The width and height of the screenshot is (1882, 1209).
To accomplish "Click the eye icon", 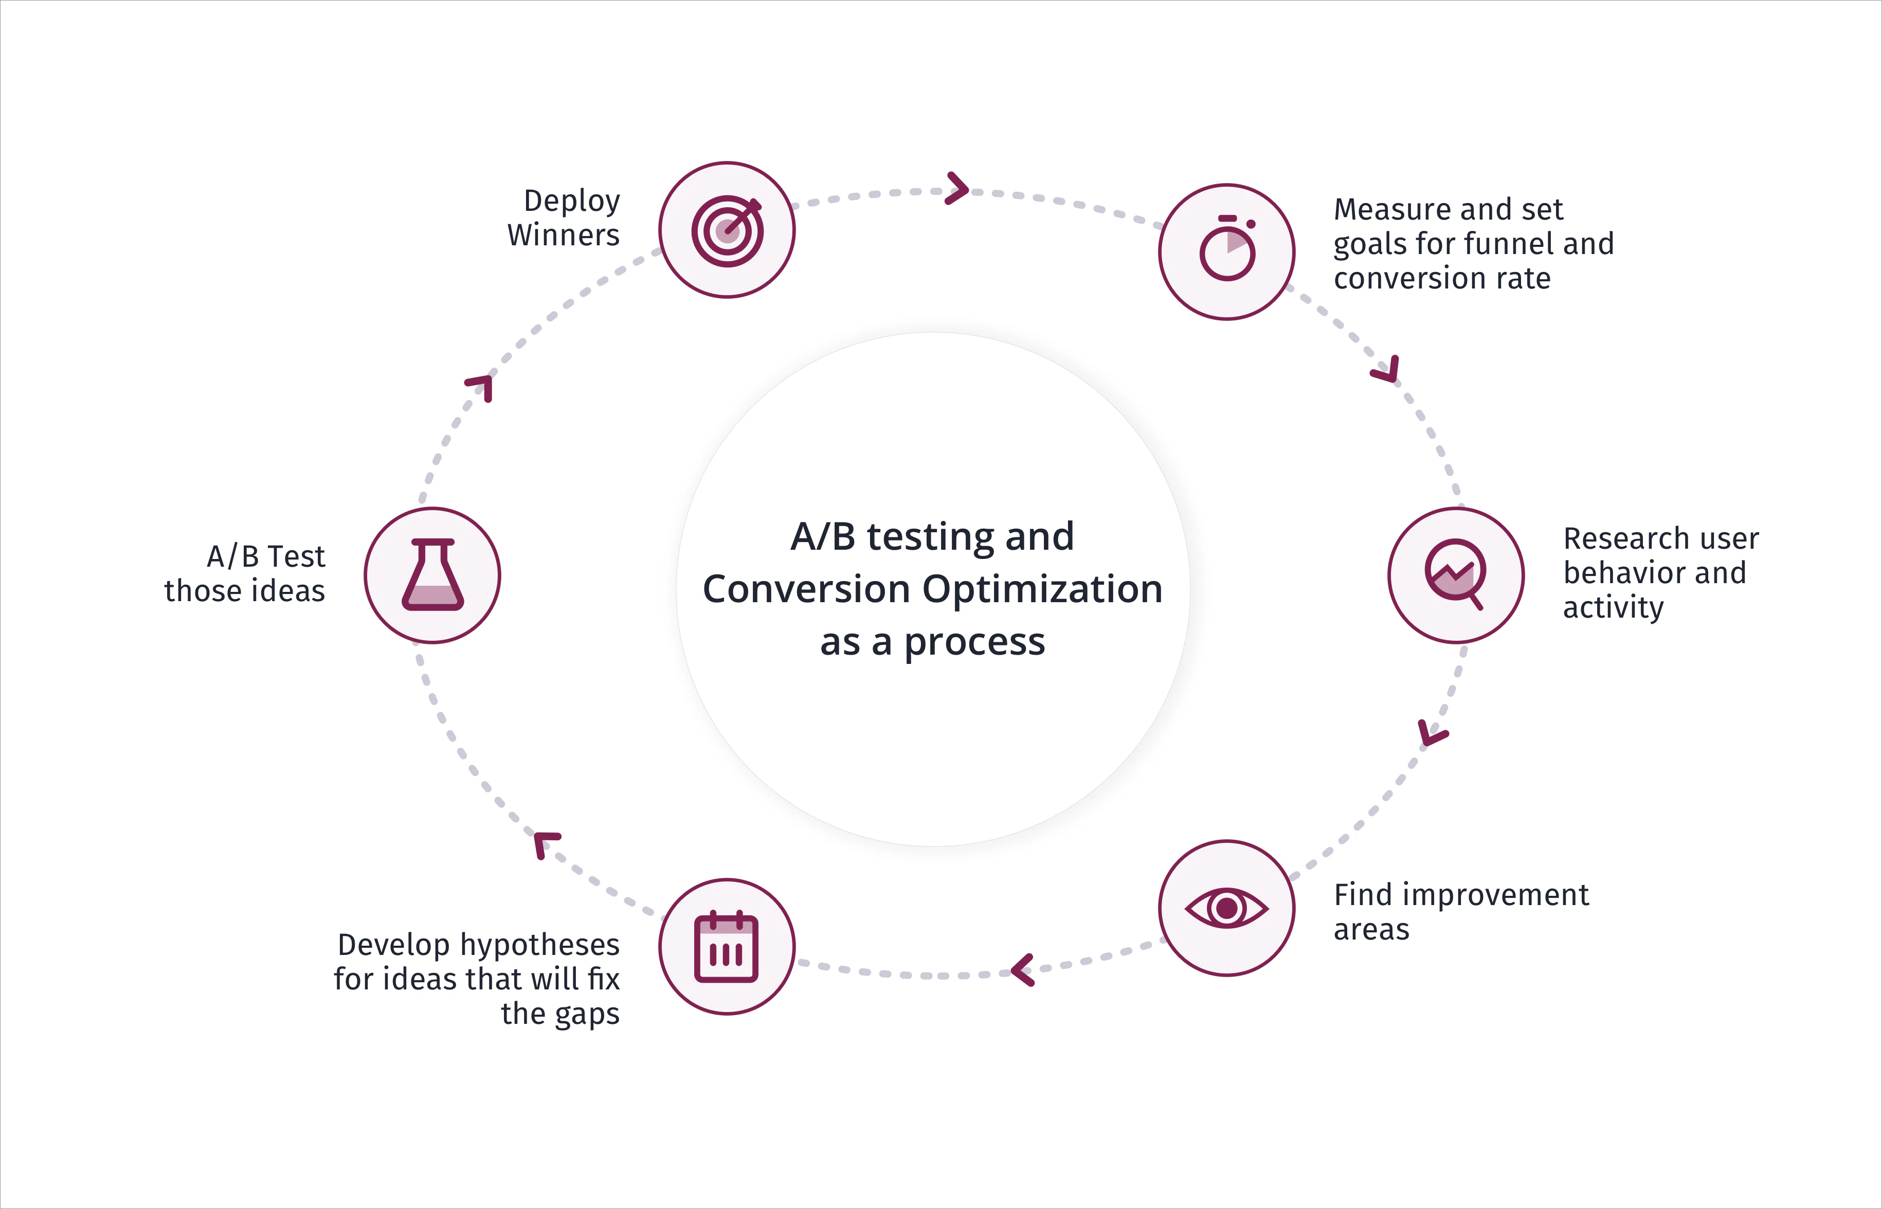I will point(1227,908).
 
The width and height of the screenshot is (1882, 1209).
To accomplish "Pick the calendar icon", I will point(727,948).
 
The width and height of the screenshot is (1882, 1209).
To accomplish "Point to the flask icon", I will point(432,575).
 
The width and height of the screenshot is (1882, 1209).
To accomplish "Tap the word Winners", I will point(564,234).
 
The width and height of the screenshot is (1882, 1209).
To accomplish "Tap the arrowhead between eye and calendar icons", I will point(1022,970).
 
